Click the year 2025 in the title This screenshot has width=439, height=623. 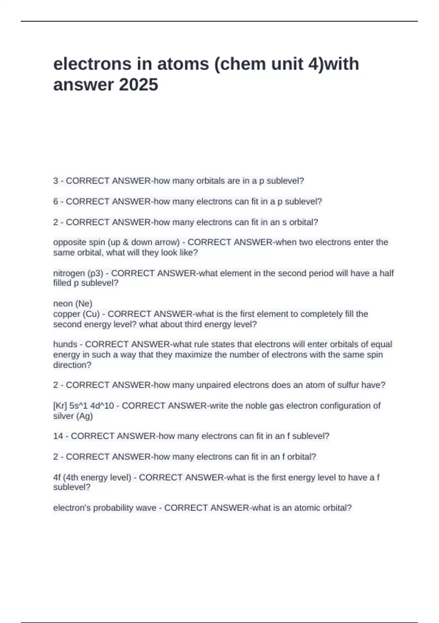(x=139, y=85)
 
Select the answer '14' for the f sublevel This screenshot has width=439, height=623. (x=58, y=436)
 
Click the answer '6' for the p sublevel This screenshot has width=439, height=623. (x=56, y=202)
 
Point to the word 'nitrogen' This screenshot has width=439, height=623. (x=69, y=273)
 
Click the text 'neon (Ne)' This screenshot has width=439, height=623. (x=73, y=303)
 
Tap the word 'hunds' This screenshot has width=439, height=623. (x=65, y=344)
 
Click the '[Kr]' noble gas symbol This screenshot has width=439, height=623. (x=60, y=406)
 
